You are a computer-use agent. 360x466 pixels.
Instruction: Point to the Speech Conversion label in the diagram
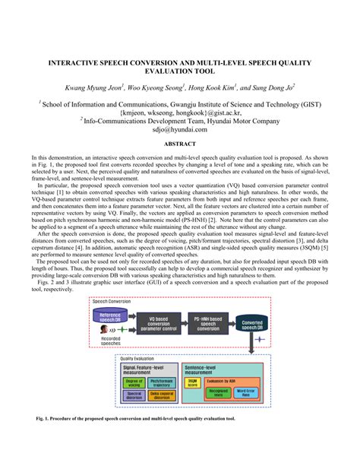coord(111,302)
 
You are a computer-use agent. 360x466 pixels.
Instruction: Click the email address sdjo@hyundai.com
coord(180,129)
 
